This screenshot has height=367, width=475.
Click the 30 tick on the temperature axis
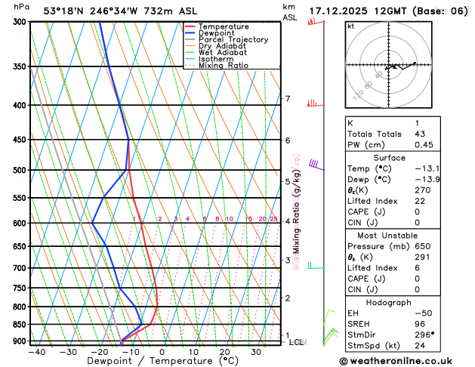point(257,352)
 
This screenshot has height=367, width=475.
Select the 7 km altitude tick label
point(287,99)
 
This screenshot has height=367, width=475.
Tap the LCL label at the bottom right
point(297,342)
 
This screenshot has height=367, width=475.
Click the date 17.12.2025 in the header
point(336,11)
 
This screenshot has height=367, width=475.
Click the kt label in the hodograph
point(350,26)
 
